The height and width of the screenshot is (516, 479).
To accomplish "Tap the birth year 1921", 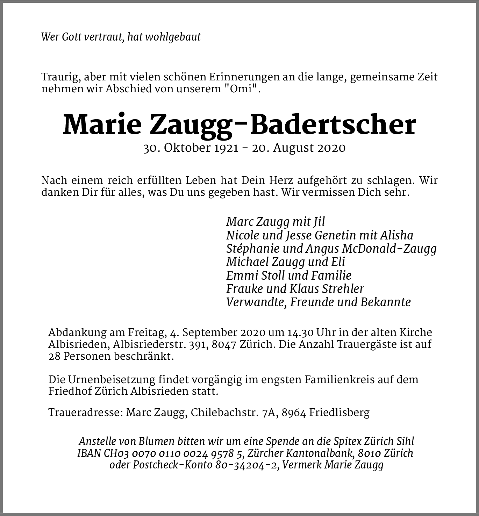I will (x=225, y=148).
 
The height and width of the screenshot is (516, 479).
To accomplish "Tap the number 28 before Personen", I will (x=55, y=357).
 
